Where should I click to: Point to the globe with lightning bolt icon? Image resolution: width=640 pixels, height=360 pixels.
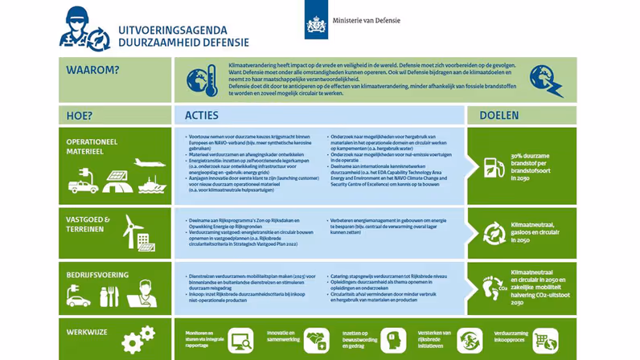point(544,80)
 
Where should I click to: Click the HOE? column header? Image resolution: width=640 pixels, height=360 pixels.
point(80,115)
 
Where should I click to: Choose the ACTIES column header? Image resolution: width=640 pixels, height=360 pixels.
point(201,115)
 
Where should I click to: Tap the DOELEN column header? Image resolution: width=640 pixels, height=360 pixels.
point(499,115)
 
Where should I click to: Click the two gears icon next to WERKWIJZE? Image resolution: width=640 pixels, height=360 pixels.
point(137,338)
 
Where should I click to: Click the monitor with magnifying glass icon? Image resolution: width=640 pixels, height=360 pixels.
point(240,340)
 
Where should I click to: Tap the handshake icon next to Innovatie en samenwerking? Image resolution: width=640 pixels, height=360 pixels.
point(318,341)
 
